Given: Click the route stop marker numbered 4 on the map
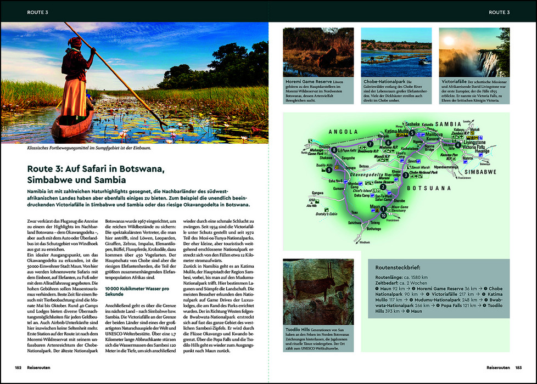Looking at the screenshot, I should [x=457, y=145].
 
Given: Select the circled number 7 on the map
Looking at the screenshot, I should [x=371, y=144].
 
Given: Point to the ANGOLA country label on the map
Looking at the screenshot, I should [x=343, y=132].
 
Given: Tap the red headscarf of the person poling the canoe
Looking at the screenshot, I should [x=75, y=42].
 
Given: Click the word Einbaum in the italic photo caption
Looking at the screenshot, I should [x=140, y=148].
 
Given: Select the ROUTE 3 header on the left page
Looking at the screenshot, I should [x=38, y=12].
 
